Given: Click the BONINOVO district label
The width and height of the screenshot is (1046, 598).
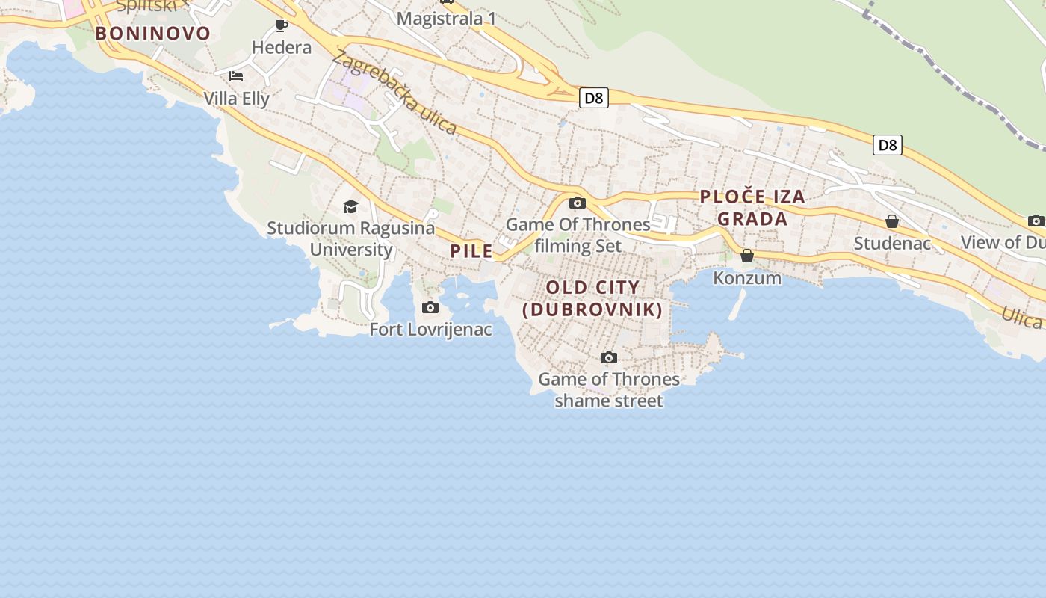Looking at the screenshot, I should tap(152, 33).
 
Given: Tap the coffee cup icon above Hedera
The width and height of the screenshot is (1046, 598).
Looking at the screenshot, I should tap(282, 26).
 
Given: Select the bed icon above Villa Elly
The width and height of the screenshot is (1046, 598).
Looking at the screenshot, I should tap(236, 76).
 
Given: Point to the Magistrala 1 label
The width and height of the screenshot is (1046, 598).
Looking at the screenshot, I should tap(446, 19).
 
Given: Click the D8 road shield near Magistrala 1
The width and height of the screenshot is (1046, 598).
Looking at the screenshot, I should tap(593, 98).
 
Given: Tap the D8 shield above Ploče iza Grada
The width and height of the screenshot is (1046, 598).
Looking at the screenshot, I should tap(887, 145).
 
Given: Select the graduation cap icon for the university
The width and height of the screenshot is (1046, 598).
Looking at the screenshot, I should tap(350, 206).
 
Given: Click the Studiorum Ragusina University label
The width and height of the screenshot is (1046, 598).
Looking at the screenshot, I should tap(350, 238).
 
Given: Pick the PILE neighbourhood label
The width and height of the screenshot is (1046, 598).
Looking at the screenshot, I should tap(471, 251).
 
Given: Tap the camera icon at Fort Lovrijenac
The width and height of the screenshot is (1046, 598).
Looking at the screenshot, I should tap(430, 307).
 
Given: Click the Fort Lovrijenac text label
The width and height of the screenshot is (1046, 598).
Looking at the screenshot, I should tap(431, 329).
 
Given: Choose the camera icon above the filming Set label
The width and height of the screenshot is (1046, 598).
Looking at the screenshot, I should tap(577, 203).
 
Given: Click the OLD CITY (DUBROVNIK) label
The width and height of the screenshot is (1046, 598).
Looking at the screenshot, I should tap(592, 298).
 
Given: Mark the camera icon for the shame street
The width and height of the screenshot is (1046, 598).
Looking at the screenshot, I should tap(609, 357).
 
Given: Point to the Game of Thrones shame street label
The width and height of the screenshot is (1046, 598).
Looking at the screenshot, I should tap(609, 389).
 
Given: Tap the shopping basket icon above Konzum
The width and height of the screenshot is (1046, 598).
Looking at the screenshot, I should tap(746, 256).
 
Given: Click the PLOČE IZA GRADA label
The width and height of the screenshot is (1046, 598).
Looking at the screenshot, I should tap(752, 208).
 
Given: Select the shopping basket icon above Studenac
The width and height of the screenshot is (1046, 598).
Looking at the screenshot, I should tap(891, 221).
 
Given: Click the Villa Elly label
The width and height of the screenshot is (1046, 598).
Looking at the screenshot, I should tap(236, 98).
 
